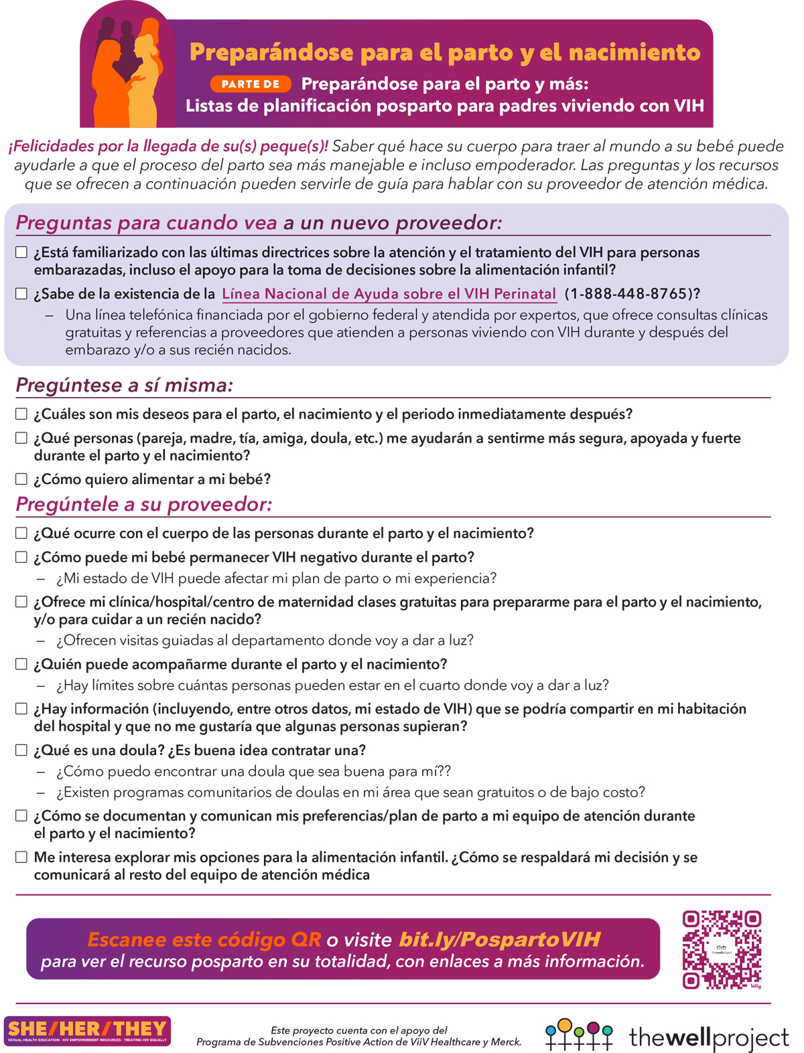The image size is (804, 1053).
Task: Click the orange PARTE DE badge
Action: pos(251,84)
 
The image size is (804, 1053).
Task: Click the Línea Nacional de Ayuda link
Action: pos(389,294)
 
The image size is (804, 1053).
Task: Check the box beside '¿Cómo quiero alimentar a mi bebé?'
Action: pos(21,479)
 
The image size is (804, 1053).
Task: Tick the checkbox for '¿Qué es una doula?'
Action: pos(21,750)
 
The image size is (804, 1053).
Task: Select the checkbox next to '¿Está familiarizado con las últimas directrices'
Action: pos(21,252)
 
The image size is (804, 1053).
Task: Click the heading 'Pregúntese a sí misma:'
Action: pos(125,386)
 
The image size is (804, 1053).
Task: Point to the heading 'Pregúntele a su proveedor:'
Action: pos(144,504)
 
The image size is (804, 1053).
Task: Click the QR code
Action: pos(722,949)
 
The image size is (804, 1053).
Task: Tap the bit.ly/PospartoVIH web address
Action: pos(500,939)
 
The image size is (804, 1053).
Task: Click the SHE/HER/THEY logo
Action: pos(87,1031)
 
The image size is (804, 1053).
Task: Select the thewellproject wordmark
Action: pos(709,1038)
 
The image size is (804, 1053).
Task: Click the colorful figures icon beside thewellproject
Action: pos(579,1035)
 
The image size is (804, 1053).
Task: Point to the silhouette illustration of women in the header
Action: pos(127,74)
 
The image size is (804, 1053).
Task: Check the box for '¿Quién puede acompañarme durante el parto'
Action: pos(21,664)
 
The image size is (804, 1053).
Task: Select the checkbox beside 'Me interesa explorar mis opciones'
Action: pos(21,858)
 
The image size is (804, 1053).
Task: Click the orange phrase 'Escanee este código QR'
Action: pos(204,939)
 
